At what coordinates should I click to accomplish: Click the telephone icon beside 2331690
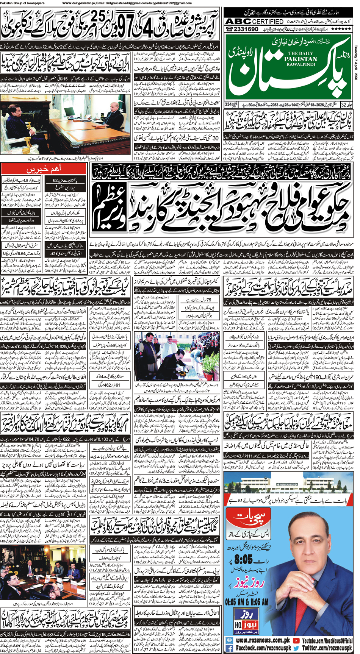229,30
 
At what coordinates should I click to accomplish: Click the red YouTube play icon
296,641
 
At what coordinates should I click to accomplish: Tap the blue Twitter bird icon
296,648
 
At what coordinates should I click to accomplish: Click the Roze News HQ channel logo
246,621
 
